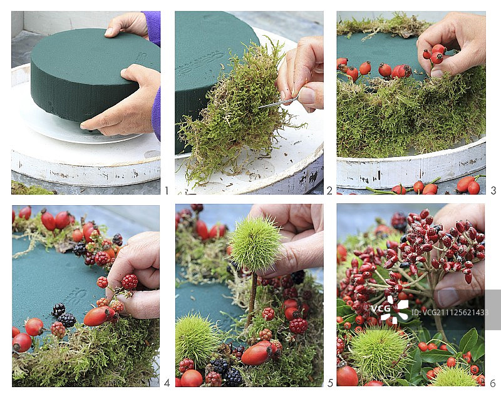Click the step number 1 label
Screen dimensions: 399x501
166,191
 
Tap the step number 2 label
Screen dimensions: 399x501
329,191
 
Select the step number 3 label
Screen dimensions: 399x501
493,191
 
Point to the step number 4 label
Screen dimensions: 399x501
166,383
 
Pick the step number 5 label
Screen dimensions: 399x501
329,383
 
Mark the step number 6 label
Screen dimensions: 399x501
493,383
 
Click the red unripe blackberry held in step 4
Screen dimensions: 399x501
129,282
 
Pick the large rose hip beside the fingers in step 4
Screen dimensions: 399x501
96,316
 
